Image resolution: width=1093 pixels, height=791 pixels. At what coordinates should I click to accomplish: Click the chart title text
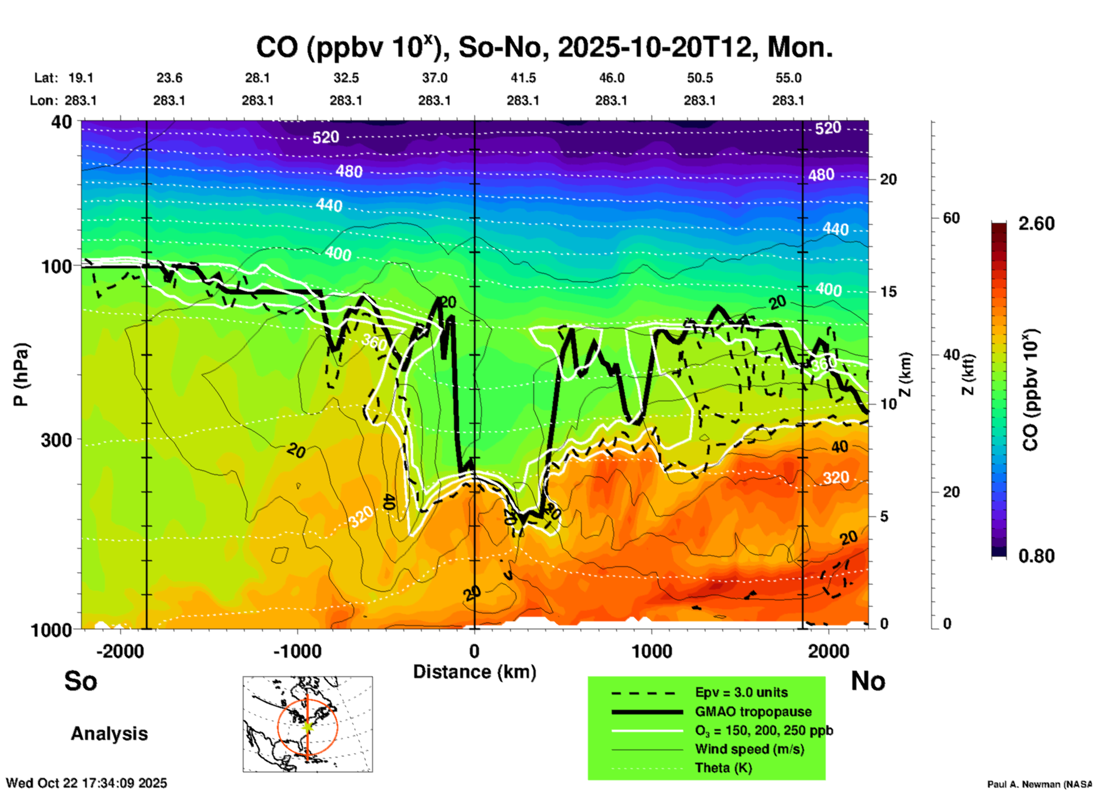pyautogui.click(x=544, y=47)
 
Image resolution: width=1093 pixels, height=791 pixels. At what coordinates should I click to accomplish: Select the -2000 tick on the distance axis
pyautogui.click(x=120, y=651)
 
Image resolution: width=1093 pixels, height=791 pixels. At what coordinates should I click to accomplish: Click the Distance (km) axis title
pyautogui.click(x=474, y=672)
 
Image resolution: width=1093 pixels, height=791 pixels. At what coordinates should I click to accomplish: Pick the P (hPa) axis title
pyautogui.click(x=21, y=375)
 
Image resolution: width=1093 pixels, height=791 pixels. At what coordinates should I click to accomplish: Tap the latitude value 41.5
pyautogui.click(x=523, y=78)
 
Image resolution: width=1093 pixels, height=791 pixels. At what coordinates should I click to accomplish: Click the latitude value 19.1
pyautogui.click(x=81, y=78)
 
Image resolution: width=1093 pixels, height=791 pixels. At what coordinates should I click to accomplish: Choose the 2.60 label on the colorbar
pyautogui.click(x=1036, y=224)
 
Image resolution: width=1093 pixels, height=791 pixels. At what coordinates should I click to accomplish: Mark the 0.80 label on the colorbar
pyautogui.click(x=1036, y=556)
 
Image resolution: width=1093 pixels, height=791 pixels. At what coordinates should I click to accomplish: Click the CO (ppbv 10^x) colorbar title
pyautogui.click(x=1030, y=390)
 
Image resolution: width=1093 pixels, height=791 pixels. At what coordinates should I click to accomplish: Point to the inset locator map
pyautogui.click(x=308, y=724)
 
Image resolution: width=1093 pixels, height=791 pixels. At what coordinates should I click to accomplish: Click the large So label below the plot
pyautogui.click(x=81, y=681)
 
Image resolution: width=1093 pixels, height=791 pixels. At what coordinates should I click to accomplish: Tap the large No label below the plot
pyautogui.click(x=868, y=681)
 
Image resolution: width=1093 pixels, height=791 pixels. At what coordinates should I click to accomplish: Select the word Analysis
pyautogui.click(x=109, y=734)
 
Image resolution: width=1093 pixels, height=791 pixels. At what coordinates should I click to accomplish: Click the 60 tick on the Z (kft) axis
pyautogui.click(x=951, y=218)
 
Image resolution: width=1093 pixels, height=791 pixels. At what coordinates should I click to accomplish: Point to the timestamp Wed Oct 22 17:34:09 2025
pyautogui.click(x=86, y=783)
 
